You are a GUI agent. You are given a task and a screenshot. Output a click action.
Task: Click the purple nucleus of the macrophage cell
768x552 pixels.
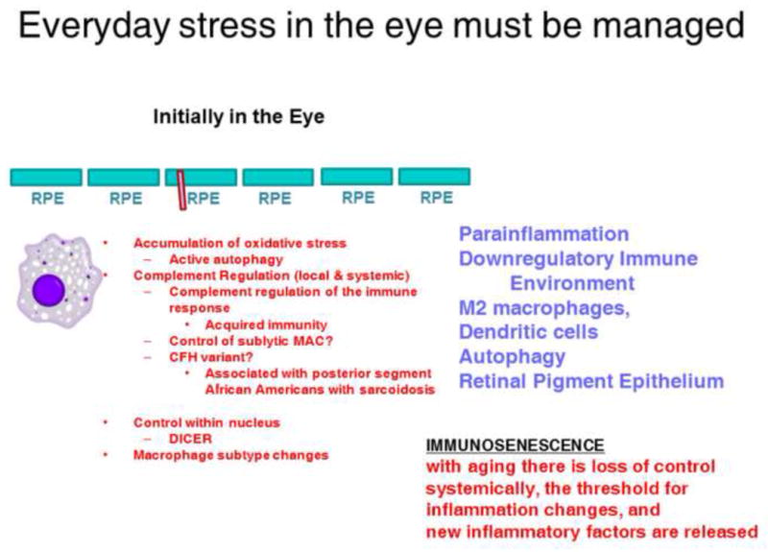point(49,290)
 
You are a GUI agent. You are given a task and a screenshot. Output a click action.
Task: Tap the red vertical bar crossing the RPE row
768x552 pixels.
point(181,190)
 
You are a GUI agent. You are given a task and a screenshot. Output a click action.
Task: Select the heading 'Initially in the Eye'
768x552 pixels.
point(238,116)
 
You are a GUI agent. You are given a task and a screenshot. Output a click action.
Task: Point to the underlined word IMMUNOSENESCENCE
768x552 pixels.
point(515,445)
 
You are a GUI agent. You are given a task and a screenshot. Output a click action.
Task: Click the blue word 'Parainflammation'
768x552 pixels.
point(543,234)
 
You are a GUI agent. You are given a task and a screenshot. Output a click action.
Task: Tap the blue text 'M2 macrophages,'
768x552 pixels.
point(544,308)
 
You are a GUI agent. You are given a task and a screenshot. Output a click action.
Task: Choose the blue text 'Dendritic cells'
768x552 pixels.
point(529,332)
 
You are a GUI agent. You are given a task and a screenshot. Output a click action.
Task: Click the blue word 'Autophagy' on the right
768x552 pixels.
point(512,357)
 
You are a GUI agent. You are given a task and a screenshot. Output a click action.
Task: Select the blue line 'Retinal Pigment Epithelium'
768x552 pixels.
point(591,381)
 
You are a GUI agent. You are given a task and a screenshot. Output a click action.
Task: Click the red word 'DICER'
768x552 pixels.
point(190,439)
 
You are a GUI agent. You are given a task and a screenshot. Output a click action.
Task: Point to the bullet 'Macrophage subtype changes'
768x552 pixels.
point(230,455)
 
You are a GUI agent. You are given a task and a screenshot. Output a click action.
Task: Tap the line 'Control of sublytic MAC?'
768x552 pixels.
point(251,341)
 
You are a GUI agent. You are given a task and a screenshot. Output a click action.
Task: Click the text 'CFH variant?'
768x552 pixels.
point(211,357)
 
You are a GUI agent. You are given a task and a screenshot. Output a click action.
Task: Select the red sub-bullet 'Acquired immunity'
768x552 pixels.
point(266,324)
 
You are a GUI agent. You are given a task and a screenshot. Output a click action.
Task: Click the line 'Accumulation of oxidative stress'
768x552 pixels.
point(239,243)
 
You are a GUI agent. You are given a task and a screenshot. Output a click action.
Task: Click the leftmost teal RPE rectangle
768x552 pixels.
point(46,178)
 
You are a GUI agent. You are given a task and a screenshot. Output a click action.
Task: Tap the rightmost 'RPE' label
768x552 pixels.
point(437,198)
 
